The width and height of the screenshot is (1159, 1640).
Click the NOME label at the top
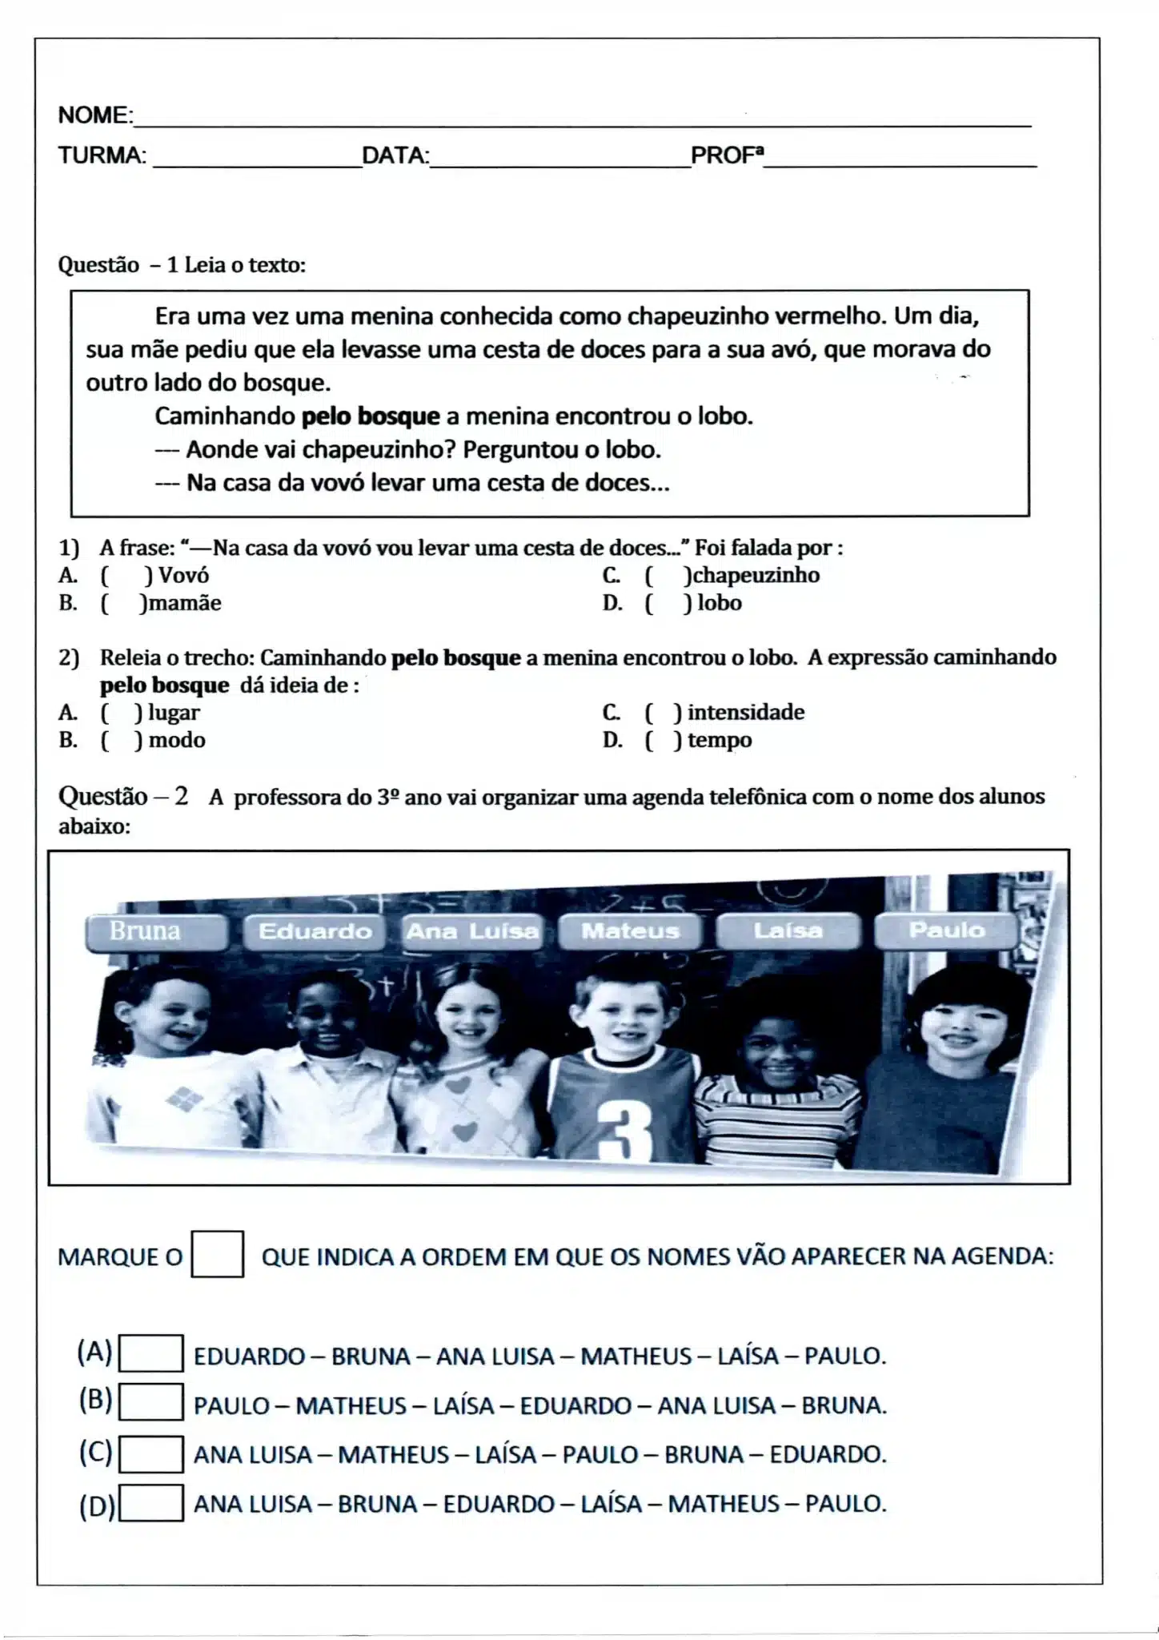94,115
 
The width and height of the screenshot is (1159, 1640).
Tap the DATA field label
395,155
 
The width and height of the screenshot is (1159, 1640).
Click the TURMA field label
102,155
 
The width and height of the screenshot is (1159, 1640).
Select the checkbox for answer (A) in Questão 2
150,1354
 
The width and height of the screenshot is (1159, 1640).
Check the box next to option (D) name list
150,1503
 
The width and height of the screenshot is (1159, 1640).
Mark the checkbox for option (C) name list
150,1454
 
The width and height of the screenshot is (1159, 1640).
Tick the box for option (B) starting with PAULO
150,1404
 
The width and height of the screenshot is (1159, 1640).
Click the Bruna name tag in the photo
156,931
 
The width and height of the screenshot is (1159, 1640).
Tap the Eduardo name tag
315,931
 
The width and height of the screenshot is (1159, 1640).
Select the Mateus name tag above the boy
630,931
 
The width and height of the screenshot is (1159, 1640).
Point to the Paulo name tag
946,931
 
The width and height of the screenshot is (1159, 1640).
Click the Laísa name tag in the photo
788,931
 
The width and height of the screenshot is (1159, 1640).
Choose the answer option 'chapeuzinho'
753,575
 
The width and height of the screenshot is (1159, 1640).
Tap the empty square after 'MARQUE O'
217,1254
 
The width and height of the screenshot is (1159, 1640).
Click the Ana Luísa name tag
472,931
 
